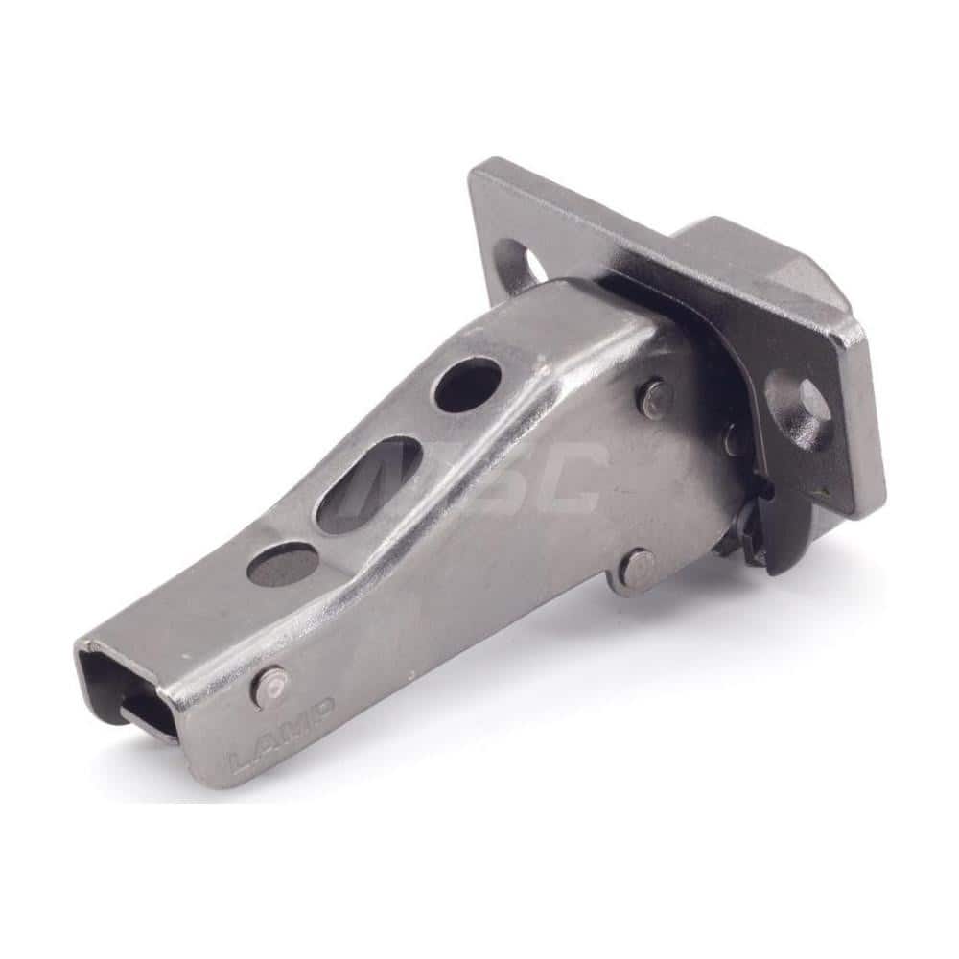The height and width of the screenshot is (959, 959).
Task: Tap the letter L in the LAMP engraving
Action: [x=241, y=762]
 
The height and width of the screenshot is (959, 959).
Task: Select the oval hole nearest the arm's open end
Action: [x=283, y=563]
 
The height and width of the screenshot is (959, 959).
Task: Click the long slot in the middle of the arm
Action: [x=368, y=484]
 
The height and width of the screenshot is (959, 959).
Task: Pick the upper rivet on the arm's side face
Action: [x=654, y=398]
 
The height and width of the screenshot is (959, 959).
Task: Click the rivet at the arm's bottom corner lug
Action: [x=635, y=570]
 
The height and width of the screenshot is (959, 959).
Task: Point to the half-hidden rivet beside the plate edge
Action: [x=737, y=439]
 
